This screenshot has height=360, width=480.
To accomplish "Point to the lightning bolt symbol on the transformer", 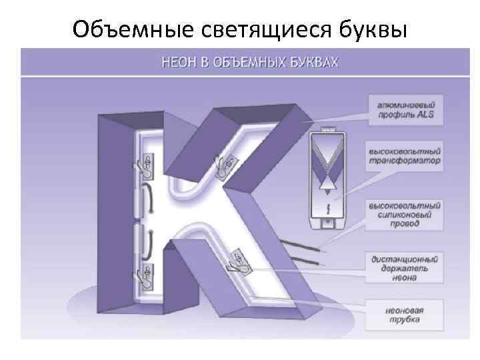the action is [327, 209].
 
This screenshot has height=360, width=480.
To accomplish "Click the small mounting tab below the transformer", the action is [327, 225].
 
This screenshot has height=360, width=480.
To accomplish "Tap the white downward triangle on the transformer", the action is [327, 189].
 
